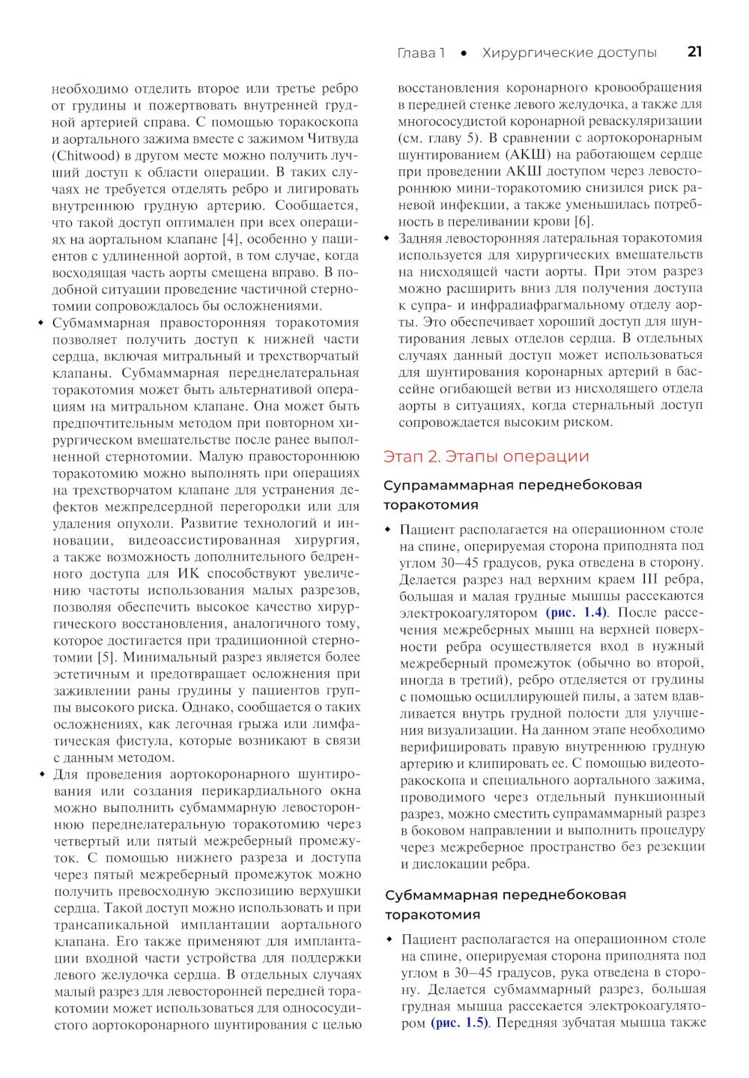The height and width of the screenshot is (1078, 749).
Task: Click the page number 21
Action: [694, 52]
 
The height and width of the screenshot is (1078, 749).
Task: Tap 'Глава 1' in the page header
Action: [420, 52]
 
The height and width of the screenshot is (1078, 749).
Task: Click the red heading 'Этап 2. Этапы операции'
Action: [486, 456]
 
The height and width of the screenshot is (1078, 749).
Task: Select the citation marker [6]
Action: [583, 221]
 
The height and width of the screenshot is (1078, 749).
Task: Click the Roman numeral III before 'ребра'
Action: [647, 579]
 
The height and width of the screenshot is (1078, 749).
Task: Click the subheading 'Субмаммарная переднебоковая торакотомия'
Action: [506, 904]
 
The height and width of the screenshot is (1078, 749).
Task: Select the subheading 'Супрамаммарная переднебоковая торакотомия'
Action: [512, 494]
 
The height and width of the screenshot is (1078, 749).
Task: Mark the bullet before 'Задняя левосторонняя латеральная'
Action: [386, 238]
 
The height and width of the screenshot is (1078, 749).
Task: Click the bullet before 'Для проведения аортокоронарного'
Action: [40, 774]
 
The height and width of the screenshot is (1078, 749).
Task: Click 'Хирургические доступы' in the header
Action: [569, 52]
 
